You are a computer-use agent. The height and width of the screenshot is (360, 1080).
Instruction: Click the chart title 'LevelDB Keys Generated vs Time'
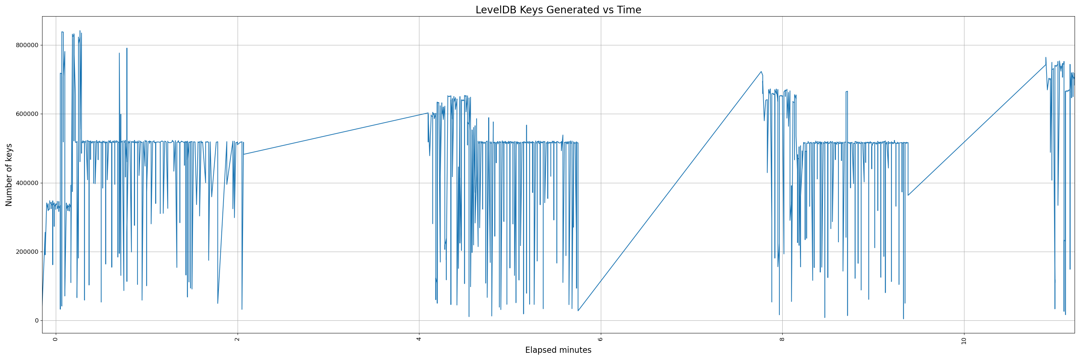point(558,10)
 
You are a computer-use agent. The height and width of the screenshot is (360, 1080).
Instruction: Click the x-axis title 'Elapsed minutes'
point(558,350)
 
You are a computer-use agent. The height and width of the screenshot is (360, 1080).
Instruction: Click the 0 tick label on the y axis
point(36,321)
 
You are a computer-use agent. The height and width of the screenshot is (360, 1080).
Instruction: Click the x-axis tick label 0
point(55,339)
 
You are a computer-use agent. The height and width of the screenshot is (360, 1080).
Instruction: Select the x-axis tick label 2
point(237,339)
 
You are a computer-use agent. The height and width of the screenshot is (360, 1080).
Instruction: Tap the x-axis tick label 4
point(419,339)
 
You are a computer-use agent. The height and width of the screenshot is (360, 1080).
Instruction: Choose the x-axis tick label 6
point(600,339)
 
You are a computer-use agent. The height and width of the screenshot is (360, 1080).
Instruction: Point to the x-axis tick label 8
point(782,339)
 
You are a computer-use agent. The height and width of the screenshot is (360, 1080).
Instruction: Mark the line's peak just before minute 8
point(761,72)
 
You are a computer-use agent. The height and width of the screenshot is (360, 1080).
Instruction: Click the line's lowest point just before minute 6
point(578,311)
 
